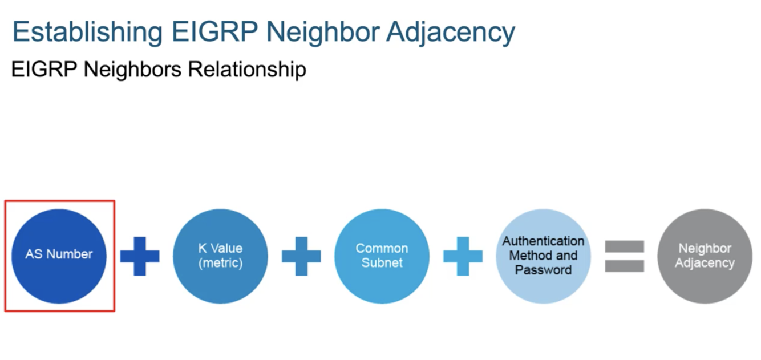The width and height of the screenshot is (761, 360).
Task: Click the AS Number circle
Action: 59,256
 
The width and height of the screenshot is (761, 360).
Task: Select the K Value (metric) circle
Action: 220,256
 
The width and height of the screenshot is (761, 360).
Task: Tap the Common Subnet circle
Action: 382,256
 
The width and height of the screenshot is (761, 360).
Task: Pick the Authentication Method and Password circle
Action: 543,256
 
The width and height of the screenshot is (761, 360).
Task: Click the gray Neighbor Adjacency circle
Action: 705,256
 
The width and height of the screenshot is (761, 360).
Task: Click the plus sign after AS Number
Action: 140,256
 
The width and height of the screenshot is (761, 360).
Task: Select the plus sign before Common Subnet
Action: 301,256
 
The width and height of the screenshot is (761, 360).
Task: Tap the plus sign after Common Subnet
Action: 463,256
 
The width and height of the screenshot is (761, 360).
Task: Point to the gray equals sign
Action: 624,256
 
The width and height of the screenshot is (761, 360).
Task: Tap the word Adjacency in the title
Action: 450,32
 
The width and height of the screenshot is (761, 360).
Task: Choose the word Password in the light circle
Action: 543,269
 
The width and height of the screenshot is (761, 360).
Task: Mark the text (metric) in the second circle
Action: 220,262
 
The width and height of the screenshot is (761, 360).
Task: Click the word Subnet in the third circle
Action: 382,262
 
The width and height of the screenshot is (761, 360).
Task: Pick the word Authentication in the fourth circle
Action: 543,241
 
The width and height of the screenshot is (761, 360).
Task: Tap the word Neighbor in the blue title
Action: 322,32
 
